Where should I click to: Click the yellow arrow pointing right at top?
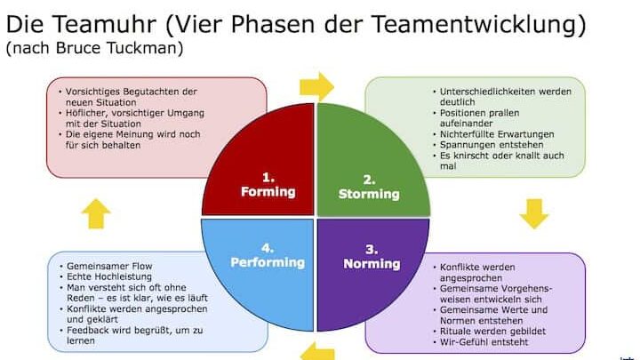point(316,87)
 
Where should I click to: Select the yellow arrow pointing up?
point(96,213)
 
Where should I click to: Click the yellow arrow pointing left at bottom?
point(316,351)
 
